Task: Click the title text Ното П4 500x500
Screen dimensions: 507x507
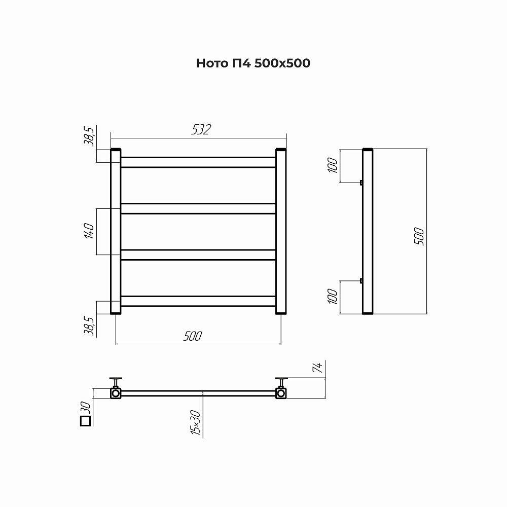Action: point(253,63)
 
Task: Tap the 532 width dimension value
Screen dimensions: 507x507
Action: point(201,129)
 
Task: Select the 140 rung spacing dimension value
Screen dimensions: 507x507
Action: point(89,231)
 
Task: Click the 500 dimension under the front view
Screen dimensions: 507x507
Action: point(193,336)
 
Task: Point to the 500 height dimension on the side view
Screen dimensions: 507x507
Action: point(419,236)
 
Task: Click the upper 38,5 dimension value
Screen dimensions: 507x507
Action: point(89,136)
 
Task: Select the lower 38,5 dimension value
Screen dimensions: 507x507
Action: point(89,326)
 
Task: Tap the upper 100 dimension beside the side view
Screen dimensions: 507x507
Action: point(333,165)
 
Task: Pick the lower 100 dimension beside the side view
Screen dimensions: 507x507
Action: point(333,297)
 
